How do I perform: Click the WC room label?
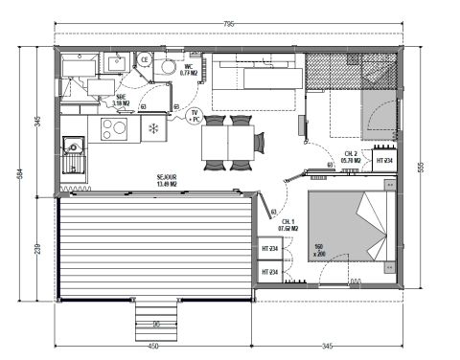[190, 69]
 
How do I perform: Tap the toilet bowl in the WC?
[167, 66]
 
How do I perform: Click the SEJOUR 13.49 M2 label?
[169, 180]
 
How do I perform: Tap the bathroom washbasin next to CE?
[119, 62]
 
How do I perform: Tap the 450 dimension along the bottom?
[153, 345]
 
